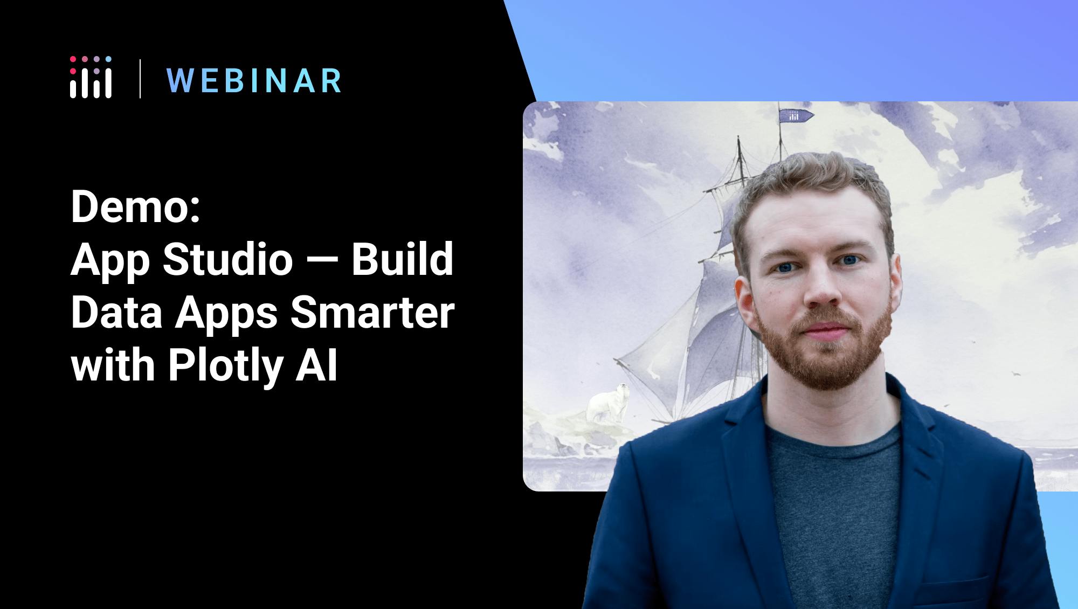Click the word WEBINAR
[254, 81]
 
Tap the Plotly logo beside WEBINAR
[91, 77]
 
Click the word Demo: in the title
[135, 208]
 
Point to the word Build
[403, 260]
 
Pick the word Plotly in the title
[225, 366]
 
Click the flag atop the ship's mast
[796, 115]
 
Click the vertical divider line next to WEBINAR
[140, 79]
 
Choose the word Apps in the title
[227, 315]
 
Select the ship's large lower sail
[695, 345]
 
